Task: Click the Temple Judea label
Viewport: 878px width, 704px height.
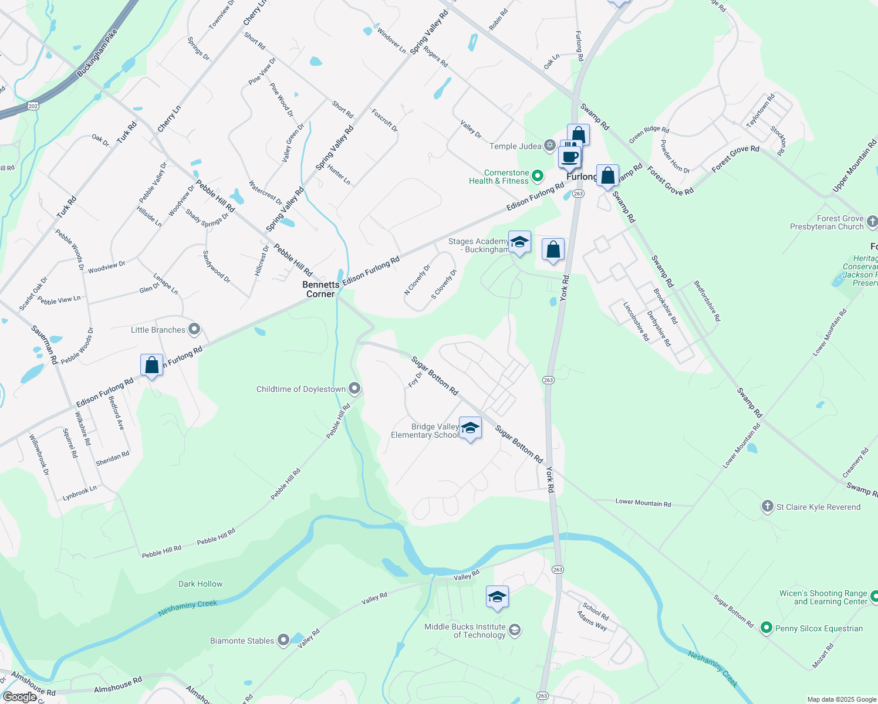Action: (515, 146)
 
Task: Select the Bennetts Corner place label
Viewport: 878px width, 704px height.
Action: (321, 289)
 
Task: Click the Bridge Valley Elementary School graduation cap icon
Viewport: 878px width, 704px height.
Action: (470, 428)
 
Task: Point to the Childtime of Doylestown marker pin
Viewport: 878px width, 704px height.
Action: (354, 388)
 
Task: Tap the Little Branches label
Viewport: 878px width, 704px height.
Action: (158, 330)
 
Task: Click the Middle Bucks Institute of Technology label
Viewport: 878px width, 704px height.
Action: (465, 631)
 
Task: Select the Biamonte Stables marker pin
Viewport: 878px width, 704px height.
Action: (283, 640)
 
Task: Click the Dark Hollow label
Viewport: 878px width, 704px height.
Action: (201, 584)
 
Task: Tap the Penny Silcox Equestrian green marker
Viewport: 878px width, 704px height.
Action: (766, 628)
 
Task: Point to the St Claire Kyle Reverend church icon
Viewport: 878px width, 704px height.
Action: (767, 506)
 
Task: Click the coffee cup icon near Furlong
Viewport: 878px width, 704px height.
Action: (569, 157)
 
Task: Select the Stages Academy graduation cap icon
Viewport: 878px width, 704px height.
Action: (519, 242)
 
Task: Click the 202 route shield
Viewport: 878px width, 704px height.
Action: (33, 106)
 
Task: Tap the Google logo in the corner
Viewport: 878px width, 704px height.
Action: (20, 696)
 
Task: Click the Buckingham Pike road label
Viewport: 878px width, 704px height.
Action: (97, 53)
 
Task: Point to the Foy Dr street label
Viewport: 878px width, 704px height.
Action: (415, 380)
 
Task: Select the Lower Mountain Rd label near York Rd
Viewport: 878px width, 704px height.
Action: (643, 503)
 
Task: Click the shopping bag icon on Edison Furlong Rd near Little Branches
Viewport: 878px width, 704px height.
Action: (151, 365)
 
